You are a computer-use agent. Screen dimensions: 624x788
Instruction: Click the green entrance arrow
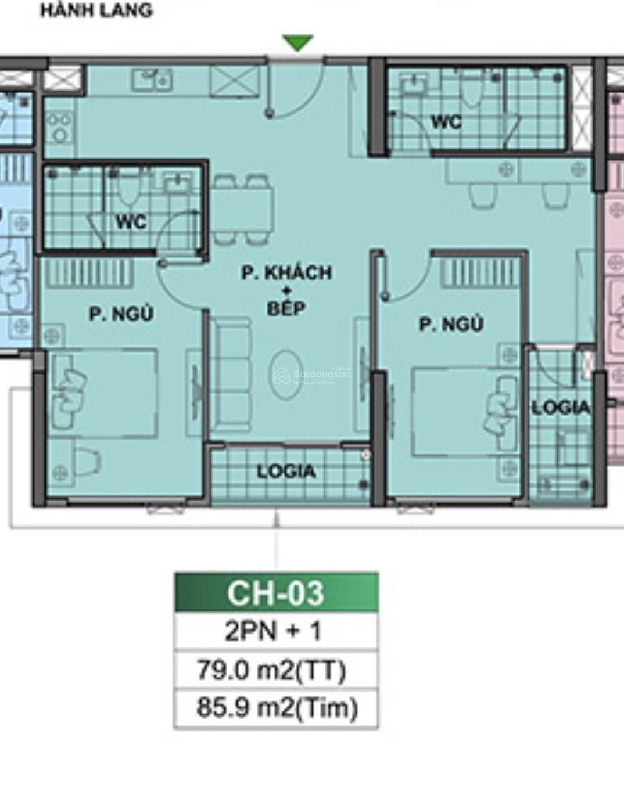tap(297, 42)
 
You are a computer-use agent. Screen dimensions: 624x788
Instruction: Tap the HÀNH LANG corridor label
tap(96, 10)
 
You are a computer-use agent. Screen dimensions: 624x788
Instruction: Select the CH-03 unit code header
tap(276, 593)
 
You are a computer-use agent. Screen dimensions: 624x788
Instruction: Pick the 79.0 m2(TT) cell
tap(271, 670)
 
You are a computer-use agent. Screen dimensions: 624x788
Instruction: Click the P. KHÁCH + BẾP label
tap(286, 290)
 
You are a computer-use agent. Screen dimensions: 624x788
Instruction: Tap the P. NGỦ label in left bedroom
tap(121, 314)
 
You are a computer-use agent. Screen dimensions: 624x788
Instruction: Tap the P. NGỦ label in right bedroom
tap(451, 324)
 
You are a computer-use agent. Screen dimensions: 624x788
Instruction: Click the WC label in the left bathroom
tap(131, 222)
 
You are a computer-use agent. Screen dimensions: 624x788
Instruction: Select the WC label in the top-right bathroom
tap(447, 122)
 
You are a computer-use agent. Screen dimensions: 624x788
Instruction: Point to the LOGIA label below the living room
tap(286, 472)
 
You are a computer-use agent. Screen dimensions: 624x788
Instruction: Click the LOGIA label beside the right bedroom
tap(561, 408)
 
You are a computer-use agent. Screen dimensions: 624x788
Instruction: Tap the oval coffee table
tap(286, 374)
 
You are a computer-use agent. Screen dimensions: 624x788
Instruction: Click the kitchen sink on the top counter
tap(152, 80)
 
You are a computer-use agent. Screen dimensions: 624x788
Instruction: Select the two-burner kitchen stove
tap(59, 127)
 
